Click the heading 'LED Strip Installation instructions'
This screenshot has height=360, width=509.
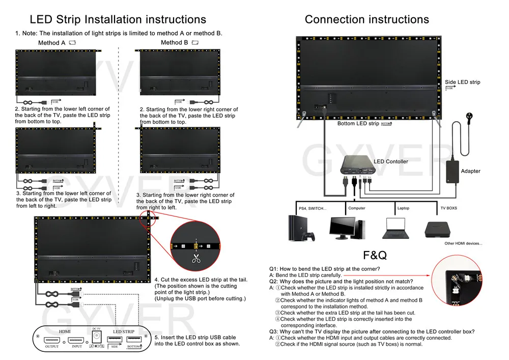[x=118, y=19]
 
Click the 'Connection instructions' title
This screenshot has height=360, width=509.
[x=366, y=19]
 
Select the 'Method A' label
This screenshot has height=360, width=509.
[x=52, y=43]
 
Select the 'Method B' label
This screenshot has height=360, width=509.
[x=174, y=43]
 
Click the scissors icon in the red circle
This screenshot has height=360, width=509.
[x=196, y=258]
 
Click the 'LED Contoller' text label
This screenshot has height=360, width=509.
[x=391, y=162]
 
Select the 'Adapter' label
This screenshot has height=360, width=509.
[x=470, y=171]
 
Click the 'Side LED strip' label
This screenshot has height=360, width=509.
[x=462, y=82]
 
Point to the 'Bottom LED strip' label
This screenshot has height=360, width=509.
[x=358, y=124]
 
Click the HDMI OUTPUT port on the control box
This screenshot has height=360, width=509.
[x=52, y=340]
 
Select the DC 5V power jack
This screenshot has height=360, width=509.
[x=97, y=338]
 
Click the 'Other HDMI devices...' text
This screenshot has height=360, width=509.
[x=463, y=243]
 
